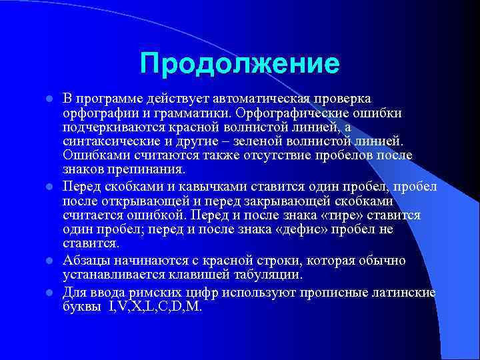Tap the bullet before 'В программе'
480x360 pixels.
coord(49,99)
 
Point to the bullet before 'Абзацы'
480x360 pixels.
coord(49,261)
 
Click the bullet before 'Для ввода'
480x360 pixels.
coord(49,293)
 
